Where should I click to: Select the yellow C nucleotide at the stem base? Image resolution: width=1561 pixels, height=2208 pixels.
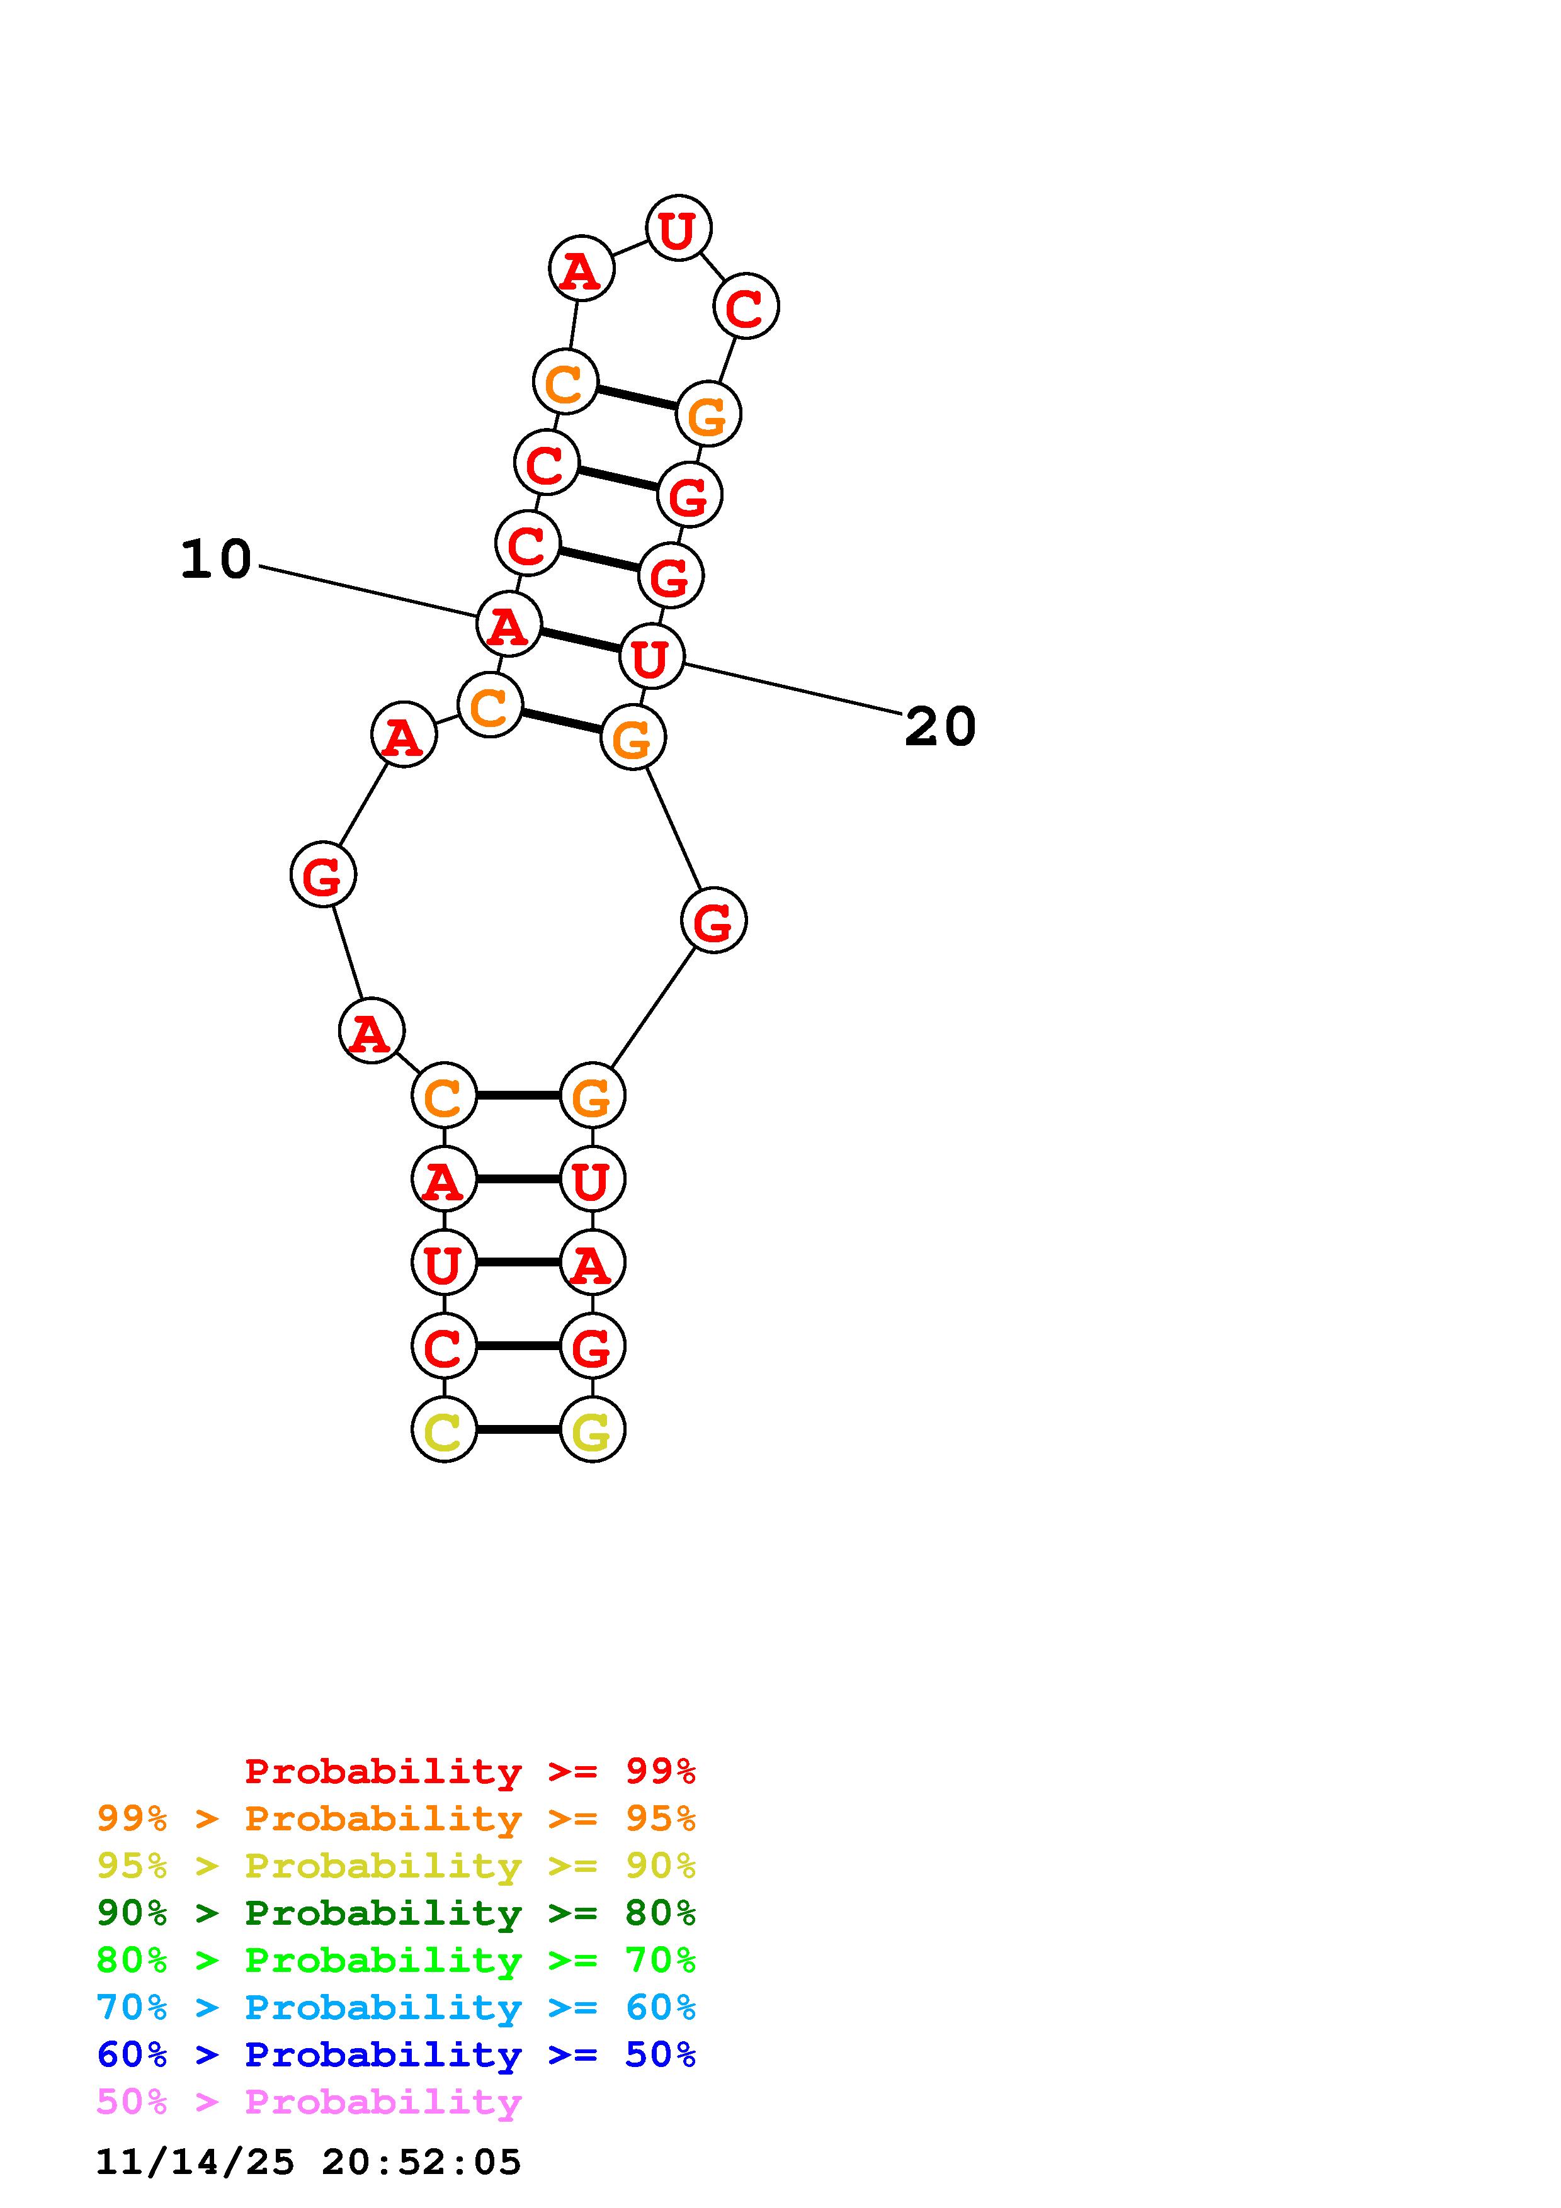pyautogui.click(x=443, y=1429)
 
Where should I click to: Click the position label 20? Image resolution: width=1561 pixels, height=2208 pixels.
pyautogui.click(x=939, y=726)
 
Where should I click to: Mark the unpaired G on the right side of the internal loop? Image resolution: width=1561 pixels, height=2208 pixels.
pyautogui.click(x=713, y=920)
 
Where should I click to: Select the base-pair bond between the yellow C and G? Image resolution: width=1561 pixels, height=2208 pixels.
pyautogui.click(x=518, y=1429)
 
